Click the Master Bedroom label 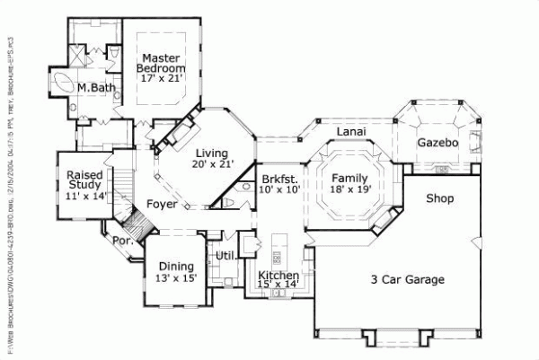point(161,63)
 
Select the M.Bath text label point(93,88)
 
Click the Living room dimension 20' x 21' point(212,164)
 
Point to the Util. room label point(225,257)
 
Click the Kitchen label point(278,276)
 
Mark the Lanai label point(349,132)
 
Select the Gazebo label point(438,143)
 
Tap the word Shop point(439,198)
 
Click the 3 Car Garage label point(408,280)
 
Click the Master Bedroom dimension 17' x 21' point(162,79)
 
